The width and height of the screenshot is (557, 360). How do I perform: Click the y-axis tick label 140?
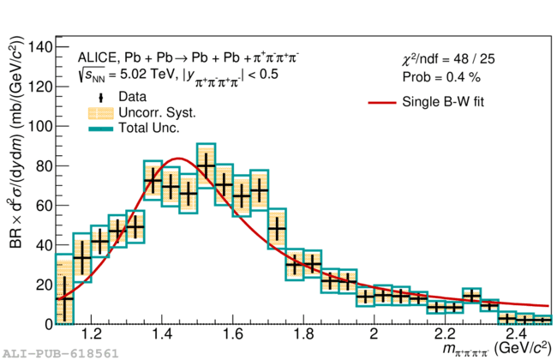(39, 46)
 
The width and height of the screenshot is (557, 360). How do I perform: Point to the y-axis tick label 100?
(39, 126)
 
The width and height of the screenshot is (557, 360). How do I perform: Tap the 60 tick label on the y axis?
(44, 206)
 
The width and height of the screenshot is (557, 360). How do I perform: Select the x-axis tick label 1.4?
(162, 334)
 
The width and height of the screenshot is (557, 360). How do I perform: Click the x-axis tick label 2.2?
(445, 334)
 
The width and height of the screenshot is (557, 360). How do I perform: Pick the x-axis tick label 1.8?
(303, 334)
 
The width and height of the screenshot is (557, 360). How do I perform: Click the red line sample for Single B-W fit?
(382, 103)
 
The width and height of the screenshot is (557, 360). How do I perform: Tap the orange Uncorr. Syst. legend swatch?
(100, 113)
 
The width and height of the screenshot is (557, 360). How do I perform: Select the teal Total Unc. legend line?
(100, 129)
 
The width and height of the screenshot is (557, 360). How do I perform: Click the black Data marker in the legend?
(101, 98)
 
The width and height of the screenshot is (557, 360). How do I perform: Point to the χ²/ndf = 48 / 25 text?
(448, 59)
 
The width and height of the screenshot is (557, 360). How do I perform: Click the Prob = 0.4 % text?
(441, 77)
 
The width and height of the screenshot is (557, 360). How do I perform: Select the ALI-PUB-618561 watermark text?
(60, 354)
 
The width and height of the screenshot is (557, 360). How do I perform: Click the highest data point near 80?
(206, 165)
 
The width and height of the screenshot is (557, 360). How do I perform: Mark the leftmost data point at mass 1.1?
(64, 298)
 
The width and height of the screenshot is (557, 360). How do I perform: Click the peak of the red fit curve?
(178, 159)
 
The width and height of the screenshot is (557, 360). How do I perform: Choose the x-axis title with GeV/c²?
(497, 348)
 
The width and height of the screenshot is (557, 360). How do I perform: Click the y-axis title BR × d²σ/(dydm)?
(16, 142)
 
